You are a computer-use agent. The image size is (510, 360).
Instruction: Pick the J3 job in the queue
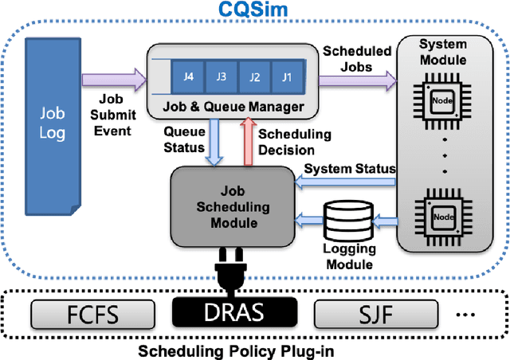tap(221, 78)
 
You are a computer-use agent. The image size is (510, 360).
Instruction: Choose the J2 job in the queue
tap(254, 78)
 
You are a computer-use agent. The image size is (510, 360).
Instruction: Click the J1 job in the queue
tap(287, 78)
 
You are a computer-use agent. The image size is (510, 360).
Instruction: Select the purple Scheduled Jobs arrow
tap(357, 79)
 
